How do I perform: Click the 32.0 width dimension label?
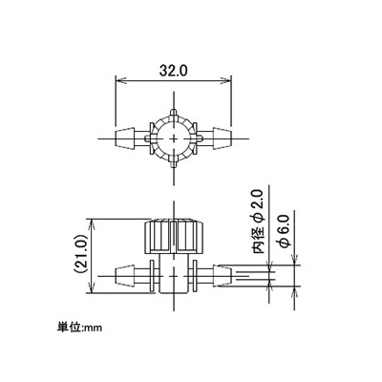pyautogui.click(x=174, y=71)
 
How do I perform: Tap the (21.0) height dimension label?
pyautogui.click(x=79, y=254)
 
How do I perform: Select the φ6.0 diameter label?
pyautogui.click(x=284, y=231)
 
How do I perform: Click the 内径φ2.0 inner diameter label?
pyautogui.click(x=259, y=222)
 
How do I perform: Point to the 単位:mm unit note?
pyautogui.click(x=79, y=327)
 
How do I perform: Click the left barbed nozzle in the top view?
pyautogui.click(x=124, y=138)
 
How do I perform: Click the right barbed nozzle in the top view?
pyautogui.click(x=223, y=138)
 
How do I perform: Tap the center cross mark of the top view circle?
pyautogui.click(x=174, y=138)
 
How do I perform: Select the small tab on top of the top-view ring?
pyautogui.click(x=174, y=113)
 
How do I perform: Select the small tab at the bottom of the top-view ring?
pyautogui.click(x=174, y=164)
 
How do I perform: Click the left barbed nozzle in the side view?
pyautogui.click(x=124, y=276)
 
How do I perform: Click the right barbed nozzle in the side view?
pyautogui.click(x=223, y=276)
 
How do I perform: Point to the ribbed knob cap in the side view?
pyautogui.click(x=174, y=236)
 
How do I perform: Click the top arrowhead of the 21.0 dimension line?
pyautogui.click(x=92, y=223)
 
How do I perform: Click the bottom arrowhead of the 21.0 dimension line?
pyautogui.click(x=92, y=288)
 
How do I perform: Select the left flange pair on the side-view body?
pyautogui.click(x=154, y=276)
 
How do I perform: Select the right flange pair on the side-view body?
pyautogui.click(x=194, y=276)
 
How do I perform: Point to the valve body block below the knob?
pyautogui.click(x=174, y=274)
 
